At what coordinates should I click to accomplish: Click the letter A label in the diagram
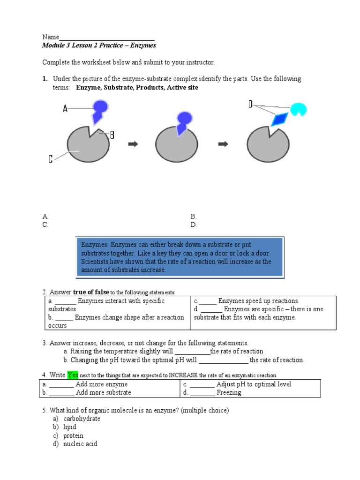coord(65,109)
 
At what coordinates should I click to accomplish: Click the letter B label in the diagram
coord(112,135)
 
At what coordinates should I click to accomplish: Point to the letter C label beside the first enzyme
coord(51,159)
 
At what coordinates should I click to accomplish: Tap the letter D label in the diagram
coord(251,105)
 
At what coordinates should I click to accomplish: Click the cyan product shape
coord(298,109)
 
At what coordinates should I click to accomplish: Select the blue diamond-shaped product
coord(279,119)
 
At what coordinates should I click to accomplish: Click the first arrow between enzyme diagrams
coord(133,144)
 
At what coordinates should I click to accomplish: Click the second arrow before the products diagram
coord(224,144)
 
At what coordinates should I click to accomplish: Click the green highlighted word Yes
coord(73,375)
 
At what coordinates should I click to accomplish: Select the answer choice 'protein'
coord(73,435)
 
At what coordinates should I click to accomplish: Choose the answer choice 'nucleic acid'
coord(80,443)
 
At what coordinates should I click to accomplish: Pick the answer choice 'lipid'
coord(70,427)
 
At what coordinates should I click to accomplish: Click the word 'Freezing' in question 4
coord(229,393)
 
